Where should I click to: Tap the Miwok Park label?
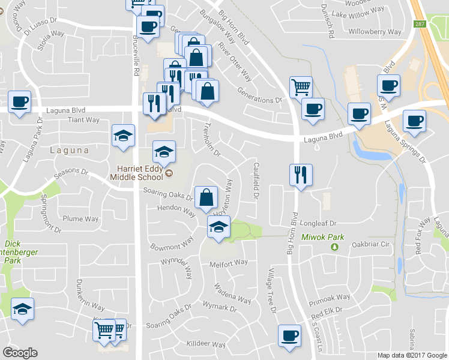[323, 238]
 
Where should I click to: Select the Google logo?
[20, 353]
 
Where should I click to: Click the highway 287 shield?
[419, 23]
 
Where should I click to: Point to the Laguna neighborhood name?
[70, 150]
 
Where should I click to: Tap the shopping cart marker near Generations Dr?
[300, 87]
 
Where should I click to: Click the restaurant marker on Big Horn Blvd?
[300, 175]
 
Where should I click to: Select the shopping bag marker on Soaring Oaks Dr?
[206, 197]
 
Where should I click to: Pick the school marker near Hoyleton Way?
[218, 227]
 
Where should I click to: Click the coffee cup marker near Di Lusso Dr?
[148, 25]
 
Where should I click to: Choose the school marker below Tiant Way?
[123, 135]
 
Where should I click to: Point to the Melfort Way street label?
[228, 263]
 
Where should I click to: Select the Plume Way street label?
[81, 219]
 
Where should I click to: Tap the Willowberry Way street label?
[375, 31]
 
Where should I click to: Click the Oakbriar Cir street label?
[371, 244]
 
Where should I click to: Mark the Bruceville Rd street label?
[136, 54]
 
